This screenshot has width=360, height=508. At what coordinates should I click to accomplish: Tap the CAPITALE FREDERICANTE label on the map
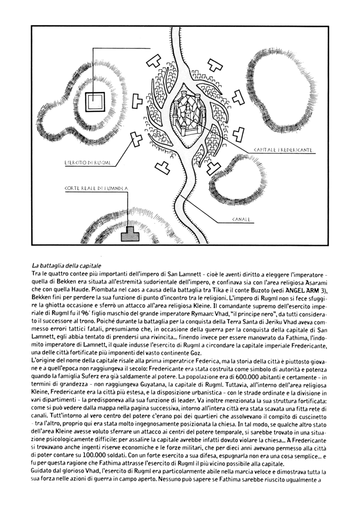click(x=282, y=150)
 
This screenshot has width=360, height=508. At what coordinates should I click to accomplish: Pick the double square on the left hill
click(x=92, y=102)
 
